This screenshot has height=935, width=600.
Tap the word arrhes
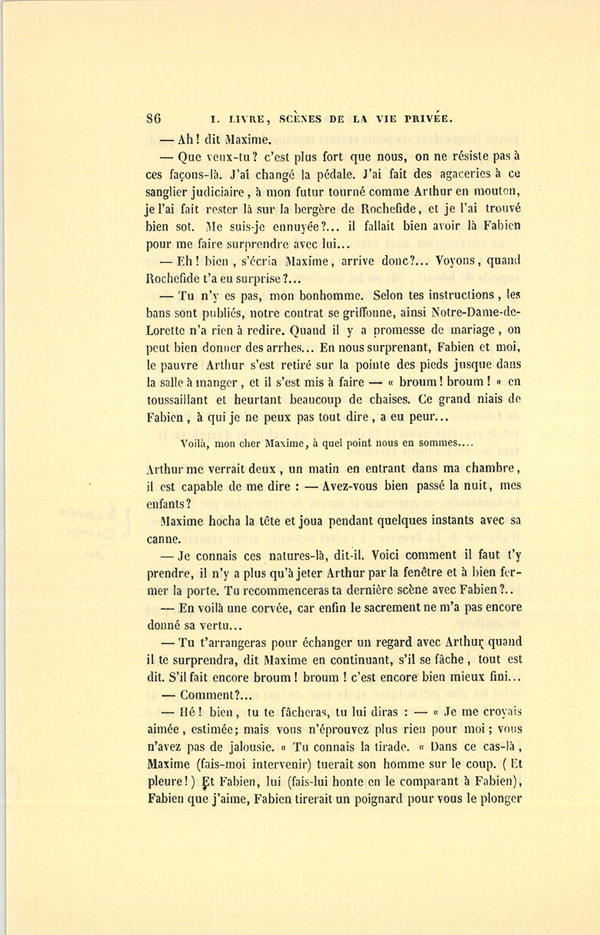coord(288,347)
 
